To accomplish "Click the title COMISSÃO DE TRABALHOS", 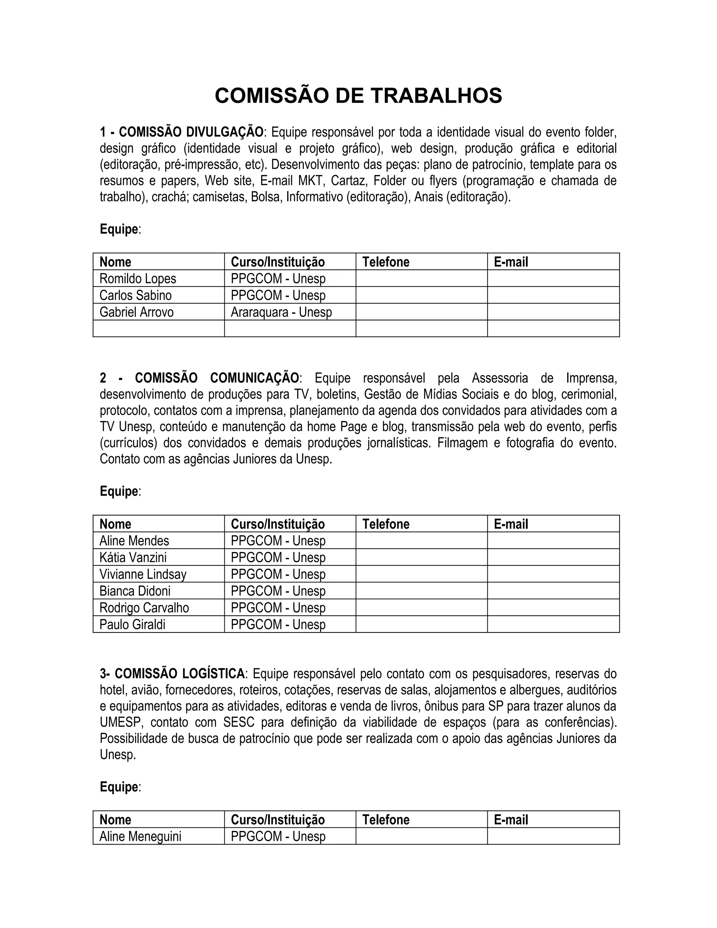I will coord(358,96).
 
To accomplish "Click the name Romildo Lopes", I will coord(138,279).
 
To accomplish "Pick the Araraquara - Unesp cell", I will coord(281,312).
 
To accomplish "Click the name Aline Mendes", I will coord(134,541).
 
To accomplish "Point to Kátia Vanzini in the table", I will coord(133,558).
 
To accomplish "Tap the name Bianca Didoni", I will coord(135,591).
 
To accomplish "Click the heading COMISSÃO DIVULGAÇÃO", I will coord(191,132).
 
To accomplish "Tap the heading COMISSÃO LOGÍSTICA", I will coord(179,674).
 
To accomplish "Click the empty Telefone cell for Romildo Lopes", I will coord(422,279).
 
